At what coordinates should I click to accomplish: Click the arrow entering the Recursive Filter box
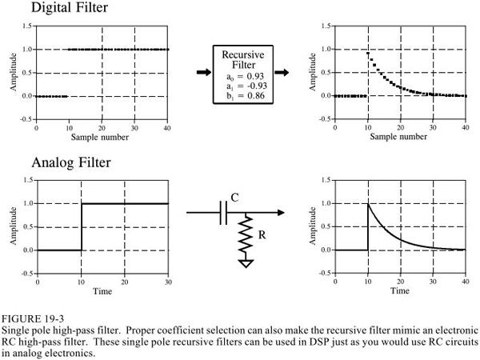point(204,73)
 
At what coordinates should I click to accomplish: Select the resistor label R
point(261,237)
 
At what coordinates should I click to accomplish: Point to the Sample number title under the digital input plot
point(102,137)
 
